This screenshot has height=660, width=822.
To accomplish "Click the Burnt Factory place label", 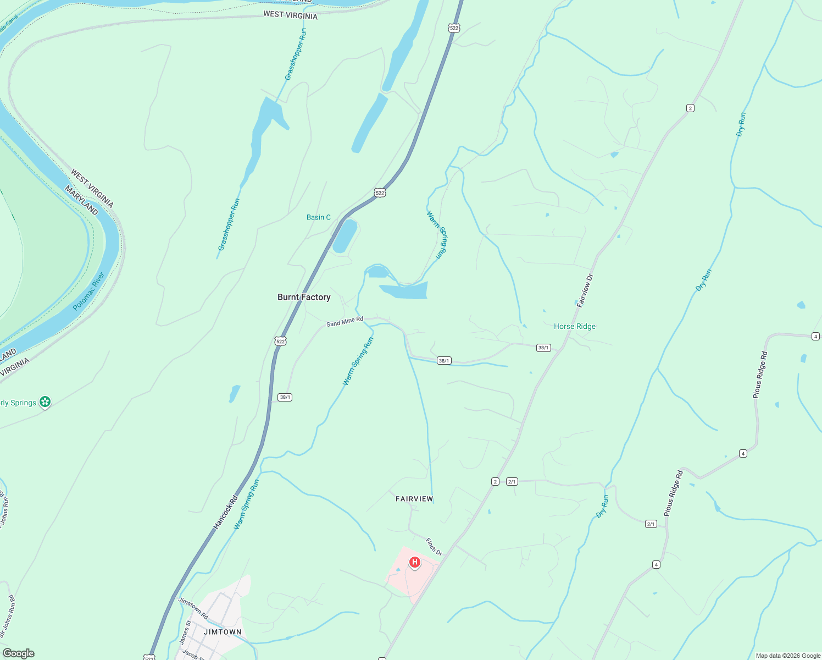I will [x=304, y=297].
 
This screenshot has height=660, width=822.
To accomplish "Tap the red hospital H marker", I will [x=415, y=562].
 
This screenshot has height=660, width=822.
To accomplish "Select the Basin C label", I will [x=319, y=217].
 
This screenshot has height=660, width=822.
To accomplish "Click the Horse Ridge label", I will [x=575, y=326].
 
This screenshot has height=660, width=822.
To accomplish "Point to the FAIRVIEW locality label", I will [x=414, y=499].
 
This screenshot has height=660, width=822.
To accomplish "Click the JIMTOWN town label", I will [x=223, y=632].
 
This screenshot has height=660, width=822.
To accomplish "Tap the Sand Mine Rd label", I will [x=345, y=322].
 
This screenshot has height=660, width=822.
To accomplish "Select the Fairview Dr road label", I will [x=586, y=290].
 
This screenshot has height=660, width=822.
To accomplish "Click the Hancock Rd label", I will [x=226, y=513].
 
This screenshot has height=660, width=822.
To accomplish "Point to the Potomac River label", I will [x=89, y=291].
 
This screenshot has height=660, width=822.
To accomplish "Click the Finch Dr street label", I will [x=434, y=547].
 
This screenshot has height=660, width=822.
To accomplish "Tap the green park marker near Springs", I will [x=46, y=403].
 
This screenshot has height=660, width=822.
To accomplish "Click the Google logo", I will [x=18, y=653].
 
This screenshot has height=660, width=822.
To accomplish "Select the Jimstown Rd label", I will [x=193, y=608].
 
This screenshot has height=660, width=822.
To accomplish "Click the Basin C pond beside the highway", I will [x=345, y=237].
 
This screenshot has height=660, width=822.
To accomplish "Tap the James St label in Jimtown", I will [x=185, y=632].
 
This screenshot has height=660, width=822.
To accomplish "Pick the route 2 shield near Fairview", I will [x=495, y=482].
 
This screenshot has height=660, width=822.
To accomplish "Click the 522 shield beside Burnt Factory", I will [x=280, y=342].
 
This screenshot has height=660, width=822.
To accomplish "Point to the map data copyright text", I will [x=788, y=656].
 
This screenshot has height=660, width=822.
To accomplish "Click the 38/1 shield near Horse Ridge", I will [x=543, y=348].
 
